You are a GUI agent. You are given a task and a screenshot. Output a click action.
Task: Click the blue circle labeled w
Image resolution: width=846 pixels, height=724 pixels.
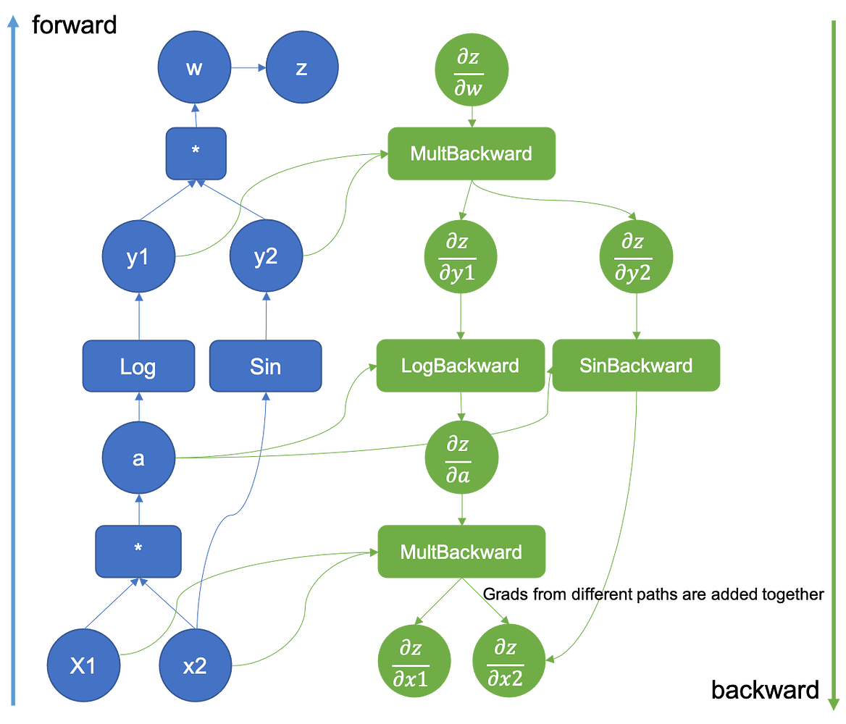point(194,68)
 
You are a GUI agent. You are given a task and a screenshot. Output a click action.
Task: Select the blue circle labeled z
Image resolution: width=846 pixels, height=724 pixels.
point(302,68)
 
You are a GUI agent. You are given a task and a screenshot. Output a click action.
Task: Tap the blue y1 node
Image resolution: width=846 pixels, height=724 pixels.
point(138,257)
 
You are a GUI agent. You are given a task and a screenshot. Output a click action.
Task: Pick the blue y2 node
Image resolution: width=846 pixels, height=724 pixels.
point(266,257)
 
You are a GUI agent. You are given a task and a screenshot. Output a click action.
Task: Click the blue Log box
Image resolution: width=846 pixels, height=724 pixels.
point(138,366)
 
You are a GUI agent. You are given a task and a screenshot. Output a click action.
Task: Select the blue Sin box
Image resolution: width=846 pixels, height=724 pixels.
point(265,366)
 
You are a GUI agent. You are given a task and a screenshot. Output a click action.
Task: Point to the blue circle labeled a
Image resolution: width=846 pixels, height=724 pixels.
point(138,458)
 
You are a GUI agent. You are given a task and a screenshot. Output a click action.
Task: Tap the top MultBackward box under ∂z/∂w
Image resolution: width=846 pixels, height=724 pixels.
point(472,153)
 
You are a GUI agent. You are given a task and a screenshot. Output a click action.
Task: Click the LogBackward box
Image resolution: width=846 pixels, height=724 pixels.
point(460,366)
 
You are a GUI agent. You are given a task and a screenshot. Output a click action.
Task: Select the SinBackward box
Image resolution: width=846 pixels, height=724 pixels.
point(636,366)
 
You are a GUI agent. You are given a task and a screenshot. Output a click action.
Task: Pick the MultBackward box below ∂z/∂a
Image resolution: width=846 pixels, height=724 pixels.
point(461,552)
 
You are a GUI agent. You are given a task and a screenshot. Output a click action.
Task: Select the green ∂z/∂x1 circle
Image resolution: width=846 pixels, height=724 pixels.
point(414,665)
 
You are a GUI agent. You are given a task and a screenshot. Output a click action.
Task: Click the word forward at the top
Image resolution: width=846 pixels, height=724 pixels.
point(73,25)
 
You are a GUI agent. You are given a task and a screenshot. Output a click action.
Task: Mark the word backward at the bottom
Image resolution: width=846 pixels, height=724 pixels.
point(764,690)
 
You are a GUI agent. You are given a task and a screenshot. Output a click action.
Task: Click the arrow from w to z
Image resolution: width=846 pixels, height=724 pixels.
point(248,68)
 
